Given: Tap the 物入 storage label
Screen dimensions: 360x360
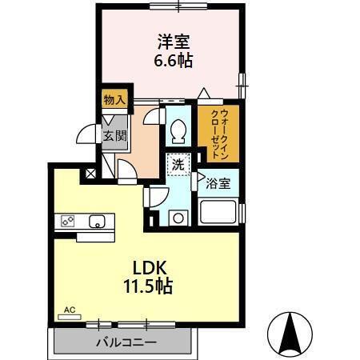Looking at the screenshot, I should click(113, 99).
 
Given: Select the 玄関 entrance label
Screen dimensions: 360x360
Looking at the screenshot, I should click(114, 136).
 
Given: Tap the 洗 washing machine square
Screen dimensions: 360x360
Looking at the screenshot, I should click(178, 165).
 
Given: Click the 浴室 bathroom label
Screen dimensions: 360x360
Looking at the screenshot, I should click(218, 183).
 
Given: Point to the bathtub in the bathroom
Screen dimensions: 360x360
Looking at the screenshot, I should click(218, 212).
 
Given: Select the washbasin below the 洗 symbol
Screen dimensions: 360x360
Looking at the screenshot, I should click(178, 215).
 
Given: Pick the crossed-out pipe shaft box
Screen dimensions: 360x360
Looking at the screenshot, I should click(91, 173).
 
